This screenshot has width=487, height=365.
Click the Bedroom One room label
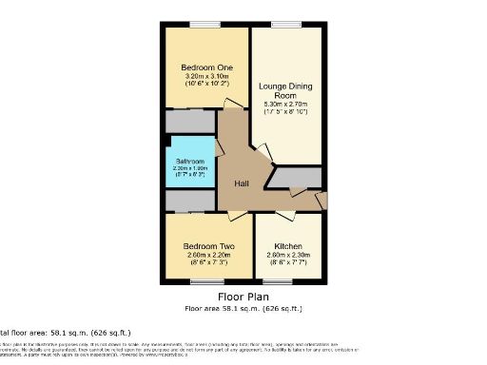[x=205, y=67]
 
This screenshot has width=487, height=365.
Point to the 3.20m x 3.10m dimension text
[x=205, y=78]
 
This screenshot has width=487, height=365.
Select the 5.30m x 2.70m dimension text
[x=290, y=106]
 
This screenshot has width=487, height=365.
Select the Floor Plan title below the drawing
[x=243, y=298]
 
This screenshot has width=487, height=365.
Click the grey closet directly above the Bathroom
[x=190, y=122]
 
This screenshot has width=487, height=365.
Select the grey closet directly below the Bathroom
[x=190, y=201]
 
